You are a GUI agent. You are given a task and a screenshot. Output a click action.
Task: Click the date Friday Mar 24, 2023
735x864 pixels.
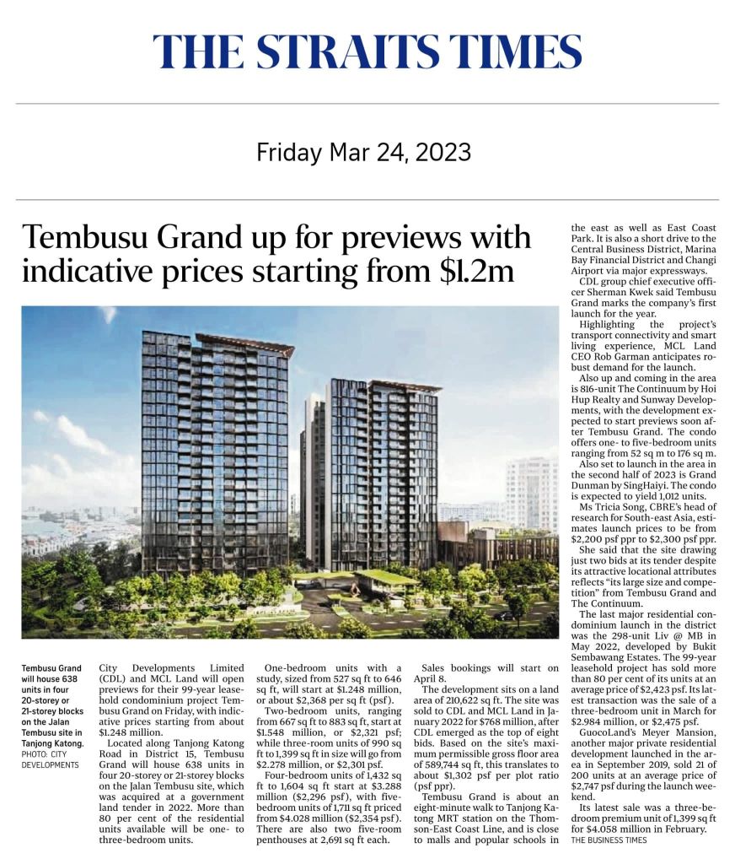[363, 153]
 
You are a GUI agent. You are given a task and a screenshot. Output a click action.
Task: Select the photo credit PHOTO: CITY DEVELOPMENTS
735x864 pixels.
[50, 759]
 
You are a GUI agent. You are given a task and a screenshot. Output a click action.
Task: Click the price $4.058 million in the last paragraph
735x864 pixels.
[614, 829]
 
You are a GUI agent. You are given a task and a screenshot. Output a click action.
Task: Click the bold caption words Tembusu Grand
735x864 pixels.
[51, 669]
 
